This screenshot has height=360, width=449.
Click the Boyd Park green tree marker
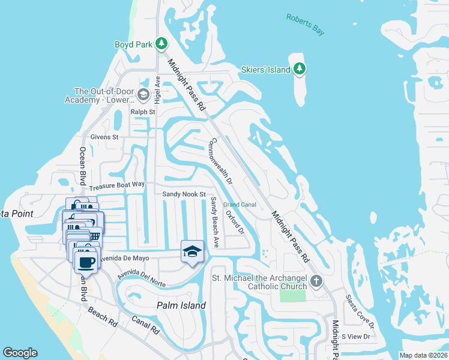coord(161,43)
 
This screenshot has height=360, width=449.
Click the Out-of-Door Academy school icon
coord(143,95)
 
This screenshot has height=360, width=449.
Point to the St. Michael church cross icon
coord(316,281)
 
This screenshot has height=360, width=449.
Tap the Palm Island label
coord(181,305)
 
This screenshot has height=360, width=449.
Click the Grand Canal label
coord(240,205)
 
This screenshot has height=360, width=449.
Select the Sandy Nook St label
coord(184,194)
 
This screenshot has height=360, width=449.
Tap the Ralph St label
coord(143,112)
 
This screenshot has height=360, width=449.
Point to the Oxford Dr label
coord(235,221)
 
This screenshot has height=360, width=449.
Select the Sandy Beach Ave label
coord(214,217)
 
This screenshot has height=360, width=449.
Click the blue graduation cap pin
coord(192,251)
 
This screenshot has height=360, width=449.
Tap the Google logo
coord(20,353)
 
